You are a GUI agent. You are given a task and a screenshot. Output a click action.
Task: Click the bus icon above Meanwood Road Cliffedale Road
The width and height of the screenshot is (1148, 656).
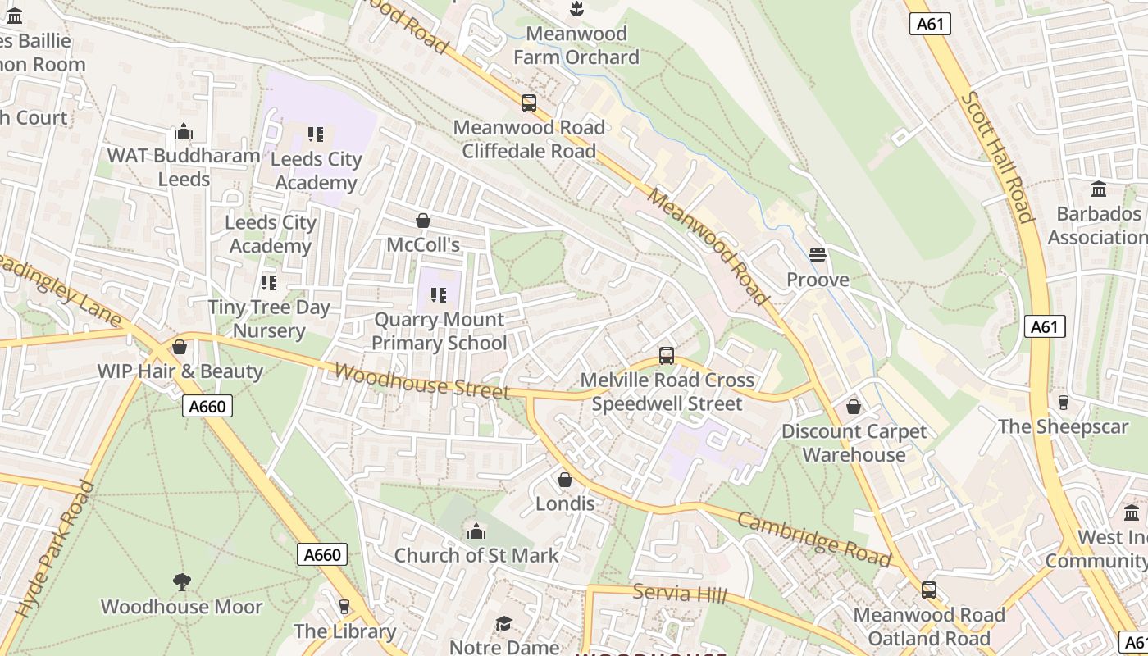(x=529, y=103)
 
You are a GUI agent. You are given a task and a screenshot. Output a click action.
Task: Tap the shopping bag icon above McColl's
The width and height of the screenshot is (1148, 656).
(x=423, y=221)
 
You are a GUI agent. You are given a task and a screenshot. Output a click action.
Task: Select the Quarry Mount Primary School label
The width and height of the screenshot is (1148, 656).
(x=440, y=331)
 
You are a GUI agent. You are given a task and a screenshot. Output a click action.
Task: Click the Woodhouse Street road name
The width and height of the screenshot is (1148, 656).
(x=421, y=381)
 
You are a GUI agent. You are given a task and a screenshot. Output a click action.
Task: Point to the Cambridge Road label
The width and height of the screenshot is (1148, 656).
(x=813, y=540)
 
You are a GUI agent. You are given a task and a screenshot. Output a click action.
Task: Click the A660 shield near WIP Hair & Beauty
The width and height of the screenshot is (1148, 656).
(x=209, y=406)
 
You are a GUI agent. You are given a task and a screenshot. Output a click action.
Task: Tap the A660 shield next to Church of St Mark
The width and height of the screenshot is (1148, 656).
(x=322, y=554)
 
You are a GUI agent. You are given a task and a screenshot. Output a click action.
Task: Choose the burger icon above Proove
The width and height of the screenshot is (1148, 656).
(x=817, y=255)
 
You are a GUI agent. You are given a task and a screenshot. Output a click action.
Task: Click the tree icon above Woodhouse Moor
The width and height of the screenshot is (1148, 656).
(x=182, y=582)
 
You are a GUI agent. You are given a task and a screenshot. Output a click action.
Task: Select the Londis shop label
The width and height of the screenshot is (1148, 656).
(x=565, y=503)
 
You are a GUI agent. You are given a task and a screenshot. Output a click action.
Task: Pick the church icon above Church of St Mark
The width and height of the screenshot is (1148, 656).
(x=476, y=531)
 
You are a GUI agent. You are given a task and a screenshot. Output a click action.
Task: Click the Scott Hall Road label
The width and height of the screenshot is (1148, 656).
(x=996, y=157)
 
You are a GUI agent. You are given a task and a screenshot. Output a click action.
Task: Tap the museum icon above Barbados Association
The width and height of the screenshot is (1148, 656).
(x=1099, y=189)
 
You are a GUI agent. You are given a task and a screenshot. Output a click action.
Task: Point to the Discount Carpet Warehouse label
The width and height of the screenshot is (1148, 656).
(x=854, y=443)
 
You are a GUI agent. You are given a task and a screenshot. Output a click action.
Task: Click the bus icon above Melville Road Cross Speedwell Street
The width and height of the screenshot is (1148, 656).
(x=667, y=356)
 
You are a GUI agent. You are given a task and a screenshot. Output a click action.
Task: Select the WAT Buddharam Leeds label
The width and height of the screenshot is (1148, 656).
(x=184, y=166)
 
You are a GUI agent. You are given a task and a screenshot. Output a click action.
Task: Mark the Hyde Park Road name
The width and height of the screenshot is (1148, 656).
(x=56, y=549)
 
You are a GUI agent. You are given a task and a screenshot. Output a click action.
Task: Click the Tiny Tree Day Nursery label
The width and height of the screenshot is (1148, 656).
(x=269, y=319)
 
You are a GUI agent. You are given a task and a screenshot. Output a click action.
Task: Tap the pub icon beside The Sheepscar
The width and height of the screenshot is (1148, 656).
(x=1064, y=402)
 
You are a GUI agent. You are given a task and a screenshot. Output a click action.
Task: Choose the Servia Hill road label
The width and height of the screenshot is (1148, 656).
(x=679, y=593)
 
